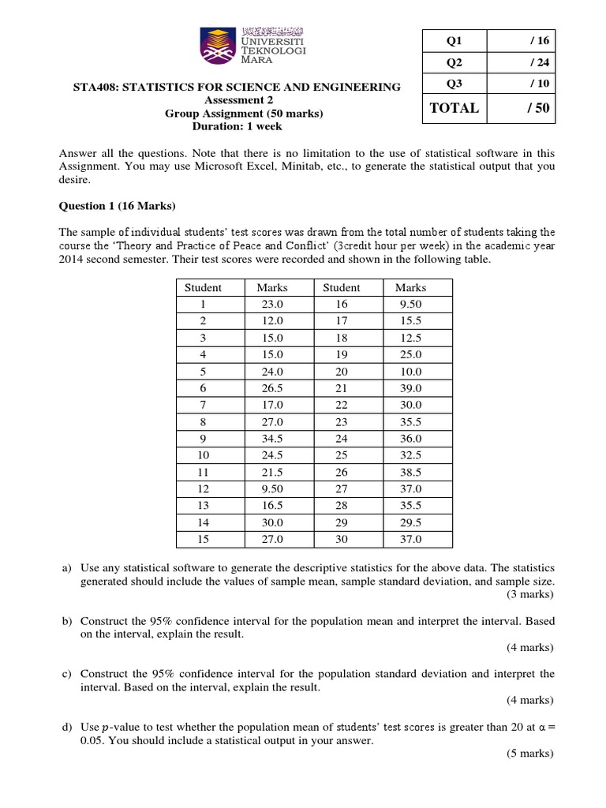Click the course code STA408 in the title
(x=97, y=87)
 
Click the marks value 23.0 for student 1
(x=272, y=305)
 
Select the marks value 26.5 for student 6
(x=272, y=387)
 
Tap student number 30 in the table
(x=342, y=540)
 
